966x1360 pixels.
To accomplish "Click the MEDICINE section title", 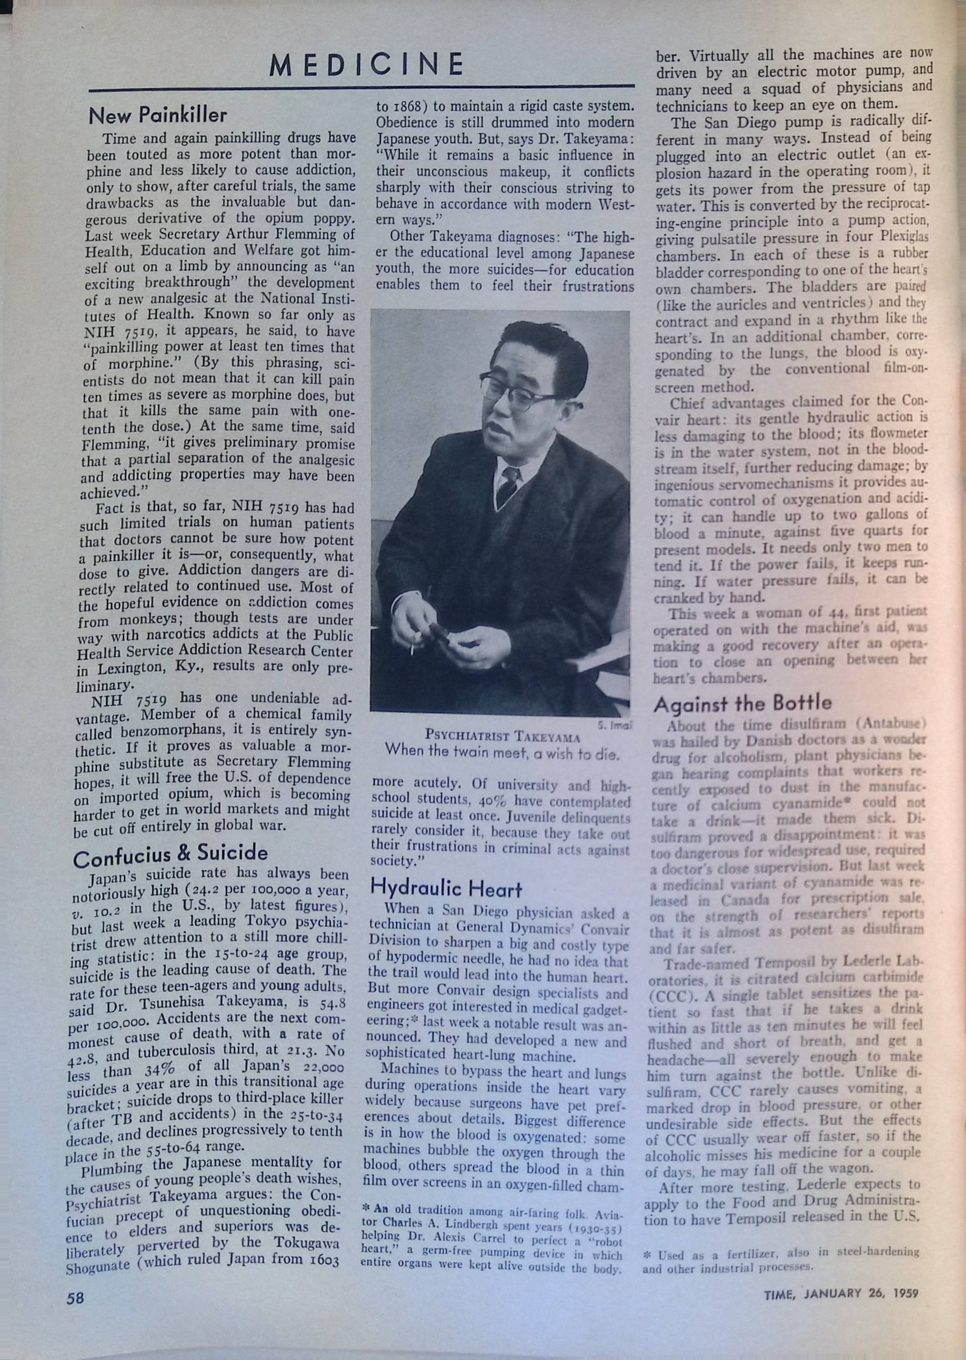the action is [x=366, y=64].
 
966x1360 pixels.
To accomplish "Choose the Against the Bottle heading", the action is [x=742, y=704].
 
